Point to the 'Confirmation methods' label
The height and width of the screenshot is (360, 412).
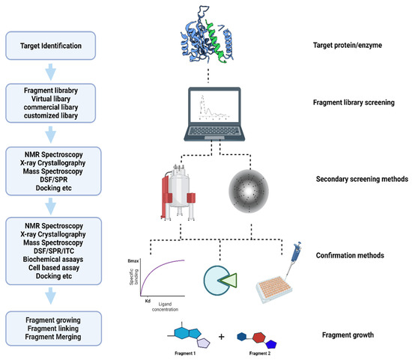point(360,255)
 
